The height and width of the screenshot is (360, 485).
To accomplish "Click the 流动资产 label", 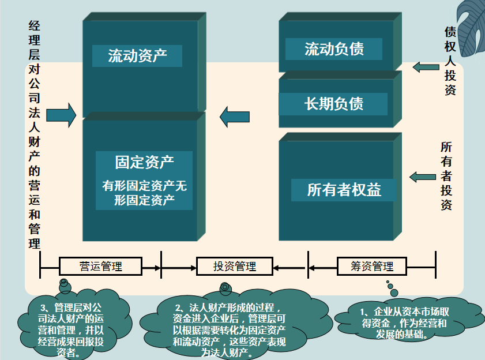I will click(137, 56).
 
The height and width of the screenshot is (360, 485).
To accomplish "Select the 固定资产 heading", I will click(144, 162).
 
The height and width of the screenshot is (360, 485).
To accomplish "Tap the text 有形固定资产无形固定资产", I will click(144, 193).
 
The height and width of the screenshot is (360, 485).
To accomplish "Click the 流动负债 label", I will click(334, 49).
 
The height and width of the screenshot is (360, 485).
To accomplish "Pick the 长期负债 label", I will click(334, 104).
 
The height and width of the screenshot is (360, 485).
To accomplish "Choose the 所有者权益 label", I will click(344, 190).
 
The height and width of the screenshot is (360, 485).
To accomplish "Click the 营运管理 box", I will click(101, 266).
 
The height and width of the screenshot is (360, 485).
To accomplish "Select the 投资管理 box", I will click(234, 266).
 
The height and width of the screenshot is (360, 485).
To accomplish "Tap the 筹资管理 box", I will click(372, 266).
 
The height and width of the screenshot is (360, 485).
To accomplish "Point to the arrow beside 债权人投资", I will click(425, 67).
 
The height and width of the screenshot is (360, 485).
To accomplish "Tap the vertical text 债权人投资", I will click(450, 60).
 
